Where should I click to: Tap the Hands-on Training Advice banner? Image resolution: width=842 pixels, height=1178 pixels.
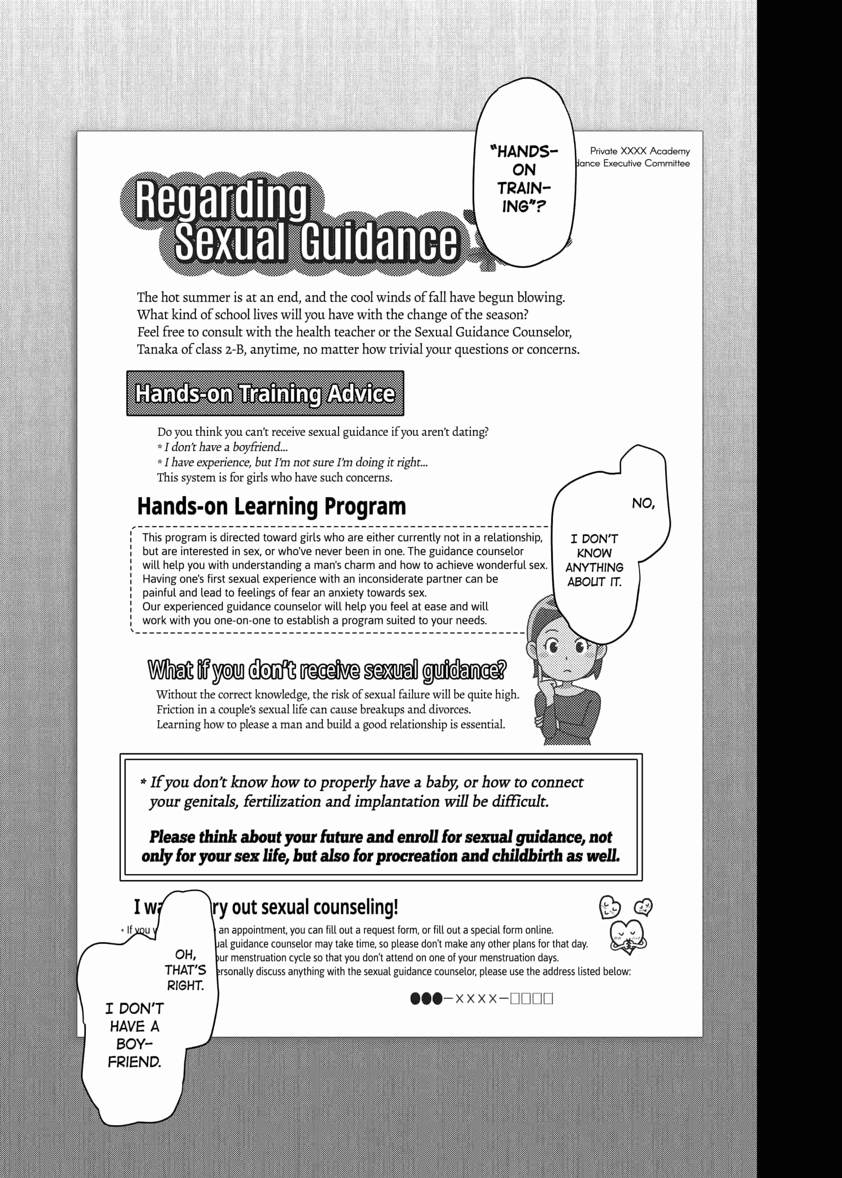265,394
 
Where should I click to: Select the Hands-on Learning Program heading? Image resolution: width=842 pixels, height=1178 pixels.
271,507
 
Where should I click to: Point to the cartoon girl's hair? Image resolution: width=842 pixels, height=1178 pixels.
539,617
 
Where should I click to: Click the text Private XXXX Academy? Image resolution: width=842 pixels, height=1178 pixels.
640,151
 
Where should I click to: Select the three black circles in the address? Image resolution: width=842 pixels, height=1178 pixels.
426,999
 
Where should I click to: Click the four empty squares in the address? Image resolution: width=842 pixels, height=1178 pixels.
531,999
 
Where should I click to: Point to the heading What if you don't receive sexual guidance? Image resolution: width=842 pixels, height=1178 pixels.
327,670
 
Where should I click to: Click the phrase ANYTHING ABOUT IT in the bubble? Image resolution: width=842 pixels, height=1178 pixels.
594,575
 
